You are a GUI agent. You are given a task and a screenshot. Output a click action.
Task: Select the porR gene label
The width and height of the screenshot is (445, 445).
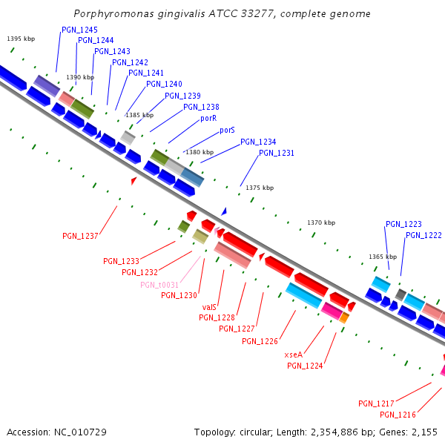tap(208, 119)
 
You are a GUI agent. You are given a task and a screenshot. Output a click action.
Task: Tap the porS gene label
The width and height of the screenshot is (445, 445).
tap(227, 131)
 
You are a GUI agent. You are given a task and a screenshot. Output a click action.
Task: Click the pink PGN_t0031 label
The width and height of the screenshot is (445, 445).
tap(159, 285)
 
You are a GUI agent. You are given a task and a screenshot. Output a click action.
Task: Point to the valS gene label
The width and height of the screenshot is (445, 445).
tap(209, 306)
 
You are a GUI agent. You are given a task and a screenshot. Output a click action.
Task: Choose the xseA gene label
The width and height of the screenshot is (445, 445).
tap(294, 355)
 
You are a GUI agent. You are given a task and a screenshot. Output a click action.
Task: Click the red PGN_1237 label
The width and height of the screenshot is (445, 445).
tap(80, 236)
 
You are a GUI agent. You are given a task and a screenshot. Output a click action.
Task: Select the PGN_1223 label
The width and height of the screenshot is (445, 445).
tap(403, 224)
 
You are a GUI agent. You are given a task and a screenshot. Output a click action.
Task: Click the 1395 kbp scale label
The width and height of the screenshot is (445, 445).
tap(20, 39)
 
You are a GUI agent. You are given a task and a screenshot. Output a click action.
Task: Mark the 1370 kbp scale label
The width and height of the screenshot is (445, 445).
tap(321, 222)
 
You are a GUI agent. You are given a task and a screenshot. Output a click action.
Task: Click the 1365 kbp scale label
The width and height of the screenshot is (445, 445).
tap(383, 257)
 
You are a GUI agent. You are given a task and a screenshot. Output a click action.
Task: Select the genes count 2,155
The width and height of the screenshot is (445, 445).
tap(423, 432)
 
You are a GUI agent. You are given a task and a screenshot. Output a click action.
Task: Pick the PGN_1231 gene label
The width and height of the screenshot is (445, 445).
tap(277, 154)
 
